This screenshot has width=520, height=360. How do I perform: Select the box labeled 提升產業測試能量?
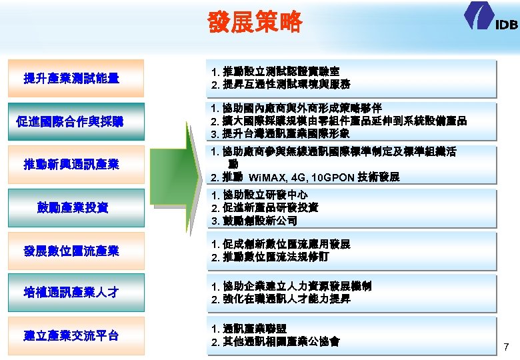[72, 79]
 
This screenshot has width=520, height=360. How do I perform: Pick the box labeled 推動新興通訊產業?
[72, 164]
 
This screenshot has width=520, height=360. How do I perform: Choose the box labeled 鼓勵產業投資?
[72, 207]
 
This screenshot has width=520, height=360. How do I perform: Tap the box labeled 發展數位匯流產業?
[72, 251]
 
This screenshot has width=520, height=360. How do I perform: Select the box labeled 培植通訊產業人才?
[72, 292]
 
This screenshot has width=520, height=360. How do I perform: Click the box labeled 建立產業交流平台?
[72, 335]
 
